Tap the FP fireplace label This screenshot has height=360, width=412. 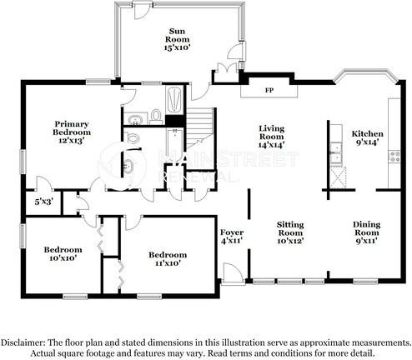click(x=270, y=89)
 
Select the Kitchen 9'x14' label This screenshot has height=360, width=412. click(x=367, y=138)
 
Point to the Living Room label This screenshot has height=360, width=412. click(x=272, y=137)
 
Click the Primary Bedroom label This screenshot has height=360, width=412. click(x=73, y=133)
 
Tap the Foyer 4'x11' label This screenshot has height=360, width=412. click(x=231, y=236)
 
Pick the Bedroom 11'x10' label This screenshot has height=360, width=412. click(x=167, y=259)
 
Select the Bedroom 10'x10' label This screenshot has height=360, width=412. click(x=63, y=254)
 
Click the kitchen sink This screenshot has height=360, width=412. click(x=335, y=150)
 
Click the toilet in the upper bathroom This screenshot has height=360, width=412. click(x=156, y=116)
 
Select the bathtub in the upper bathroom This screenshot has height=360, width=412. click(x=174, y=102)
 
